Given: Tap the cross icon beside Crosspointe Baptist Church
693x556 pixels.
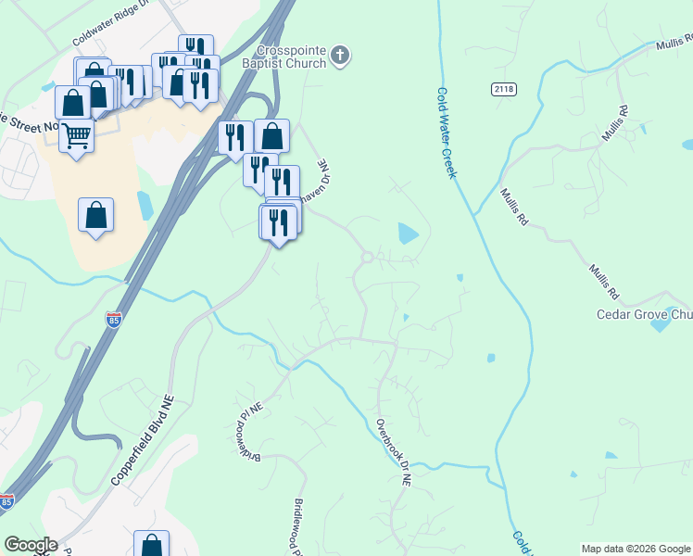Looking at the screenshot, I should point(340,56).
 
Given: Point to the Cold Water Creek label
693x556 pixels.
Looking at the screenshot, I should point(446,133).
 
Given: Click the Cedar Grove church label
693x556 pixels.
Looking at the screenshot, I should point(643,314).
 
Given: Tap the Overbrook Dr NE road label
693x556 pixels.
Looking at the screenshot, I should point(393,453).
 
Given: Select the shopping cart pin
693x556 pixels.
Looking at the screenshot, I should point(76,137).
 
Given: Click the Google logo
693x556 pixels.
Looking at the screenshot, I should point(31,545).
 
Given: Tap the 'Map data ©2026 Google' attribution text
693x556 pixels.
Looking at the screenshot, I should point(635,549).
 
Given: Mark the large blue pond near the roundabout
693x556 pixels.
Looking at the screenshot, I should point(408,234).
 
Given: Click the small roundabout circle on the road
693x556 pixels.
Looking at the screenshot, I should point(368,257).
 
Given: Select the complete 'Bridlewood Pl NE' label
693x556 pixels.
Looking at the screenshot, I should point(247,436).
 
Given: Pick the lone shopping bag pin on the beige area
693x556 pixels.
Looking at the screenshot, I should point(95,215).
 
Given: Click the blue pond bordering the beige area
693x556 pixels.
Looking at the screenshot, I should point(144,205).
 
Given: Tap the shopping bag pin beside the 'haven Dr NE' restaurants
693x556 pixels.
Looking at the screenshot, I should point(271,136).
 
